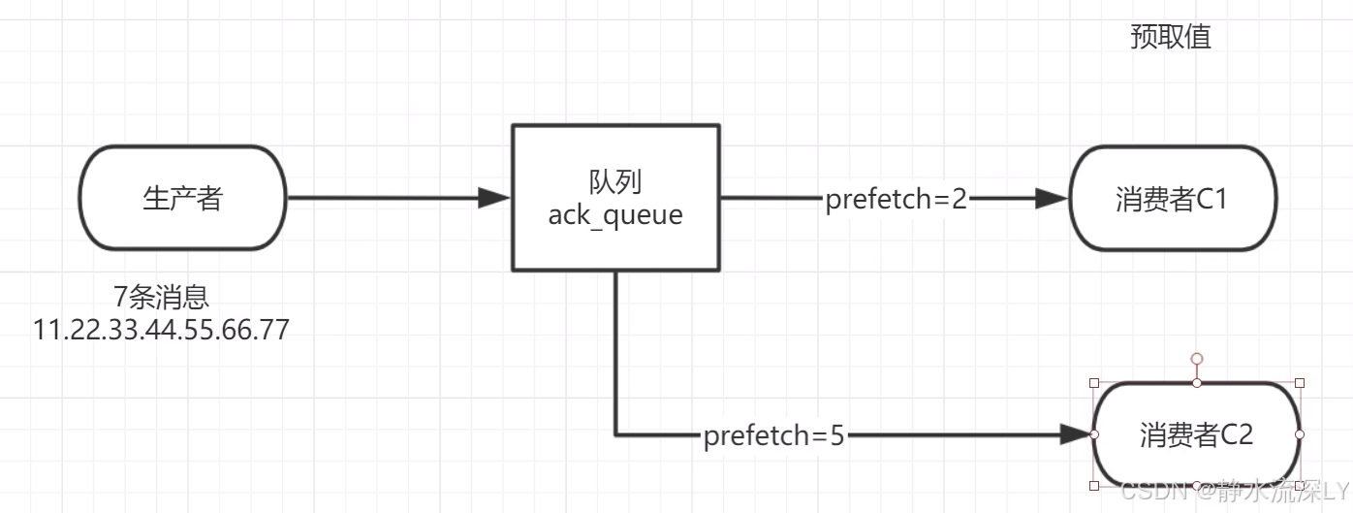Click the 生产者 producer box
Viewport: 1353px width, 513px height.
tap(182, 198)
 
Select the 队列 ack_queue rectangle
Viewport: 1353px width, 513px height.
tap(615, 197)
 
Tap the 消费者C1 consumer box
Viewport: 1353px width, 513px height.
tap(1173, 199)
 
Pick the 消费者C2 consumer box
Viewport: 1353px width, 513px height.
tap(1197, 434)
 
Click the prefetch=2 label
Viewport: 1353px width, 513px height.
tap(897, 200)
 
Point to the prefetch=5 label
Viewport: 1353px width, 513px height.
tap(774, 436)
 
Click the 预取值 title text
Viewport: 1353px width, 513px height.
tap(1171, 37)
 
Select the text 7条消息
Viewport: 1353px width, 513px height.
tap(162, 297)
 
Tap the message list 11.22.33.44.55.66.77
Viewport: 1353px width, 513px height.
tap(162, 329)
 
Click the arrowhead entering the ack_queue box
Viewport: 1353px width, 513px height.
tap(495, 198)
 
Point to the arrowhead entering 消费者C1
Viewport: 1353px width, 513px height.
tap(1052, 199)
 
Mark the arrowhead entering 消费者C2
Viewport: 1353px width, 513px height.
tap(1076, 434)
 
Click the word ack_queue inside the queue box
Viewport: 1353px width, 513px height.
tap(615, 214)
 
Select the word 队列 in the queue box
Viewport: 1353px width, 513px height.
tap(615, 181)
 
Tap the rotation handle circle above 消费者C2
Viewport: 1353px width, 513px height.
tap(1197, 359)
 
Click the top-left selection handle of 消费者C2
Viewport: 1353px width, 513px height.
tap(1094, 383)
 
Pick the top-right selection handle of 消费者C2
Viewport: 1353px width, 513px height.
tap(1300, 383)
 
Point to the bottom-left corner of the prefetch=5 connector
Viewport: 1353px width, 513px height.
tap(615, 434)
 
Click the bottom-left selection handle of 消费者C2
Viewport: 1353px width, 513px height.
tap(1094, 485)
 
